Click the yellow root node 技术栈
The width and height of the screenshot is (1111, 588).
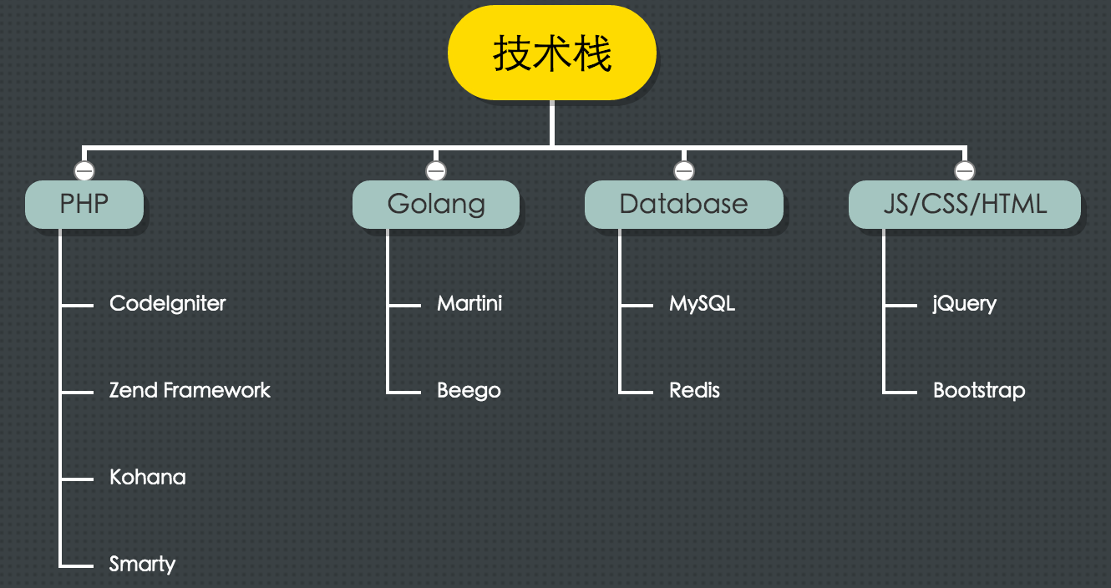(x=552, y=53)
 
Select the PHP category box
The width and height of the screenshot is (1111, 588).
(x=84, y=205)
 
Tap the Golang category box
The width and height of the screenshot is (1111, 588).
(x=436, y=205)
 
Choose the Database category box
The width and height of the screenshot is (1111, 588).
(x=683, y=205)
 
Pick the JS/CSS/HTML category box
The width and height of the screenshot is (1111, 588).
(x=965, y=205)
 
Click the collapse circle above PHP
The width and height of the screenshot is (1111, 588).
(x=84, y=171)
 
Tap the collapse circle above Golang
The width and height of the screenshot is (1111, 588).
(x=436, y=171)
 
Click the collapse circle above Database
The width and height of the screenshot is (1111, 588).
(x=684, y=171)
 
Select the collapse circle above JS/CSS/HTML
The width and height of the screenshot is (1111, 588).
(x=965, y=171)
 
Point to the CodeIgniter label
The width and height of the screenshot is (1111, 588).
(x=168, y=303)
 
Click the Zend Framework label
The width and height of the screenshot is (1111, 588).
(x=190, y=390)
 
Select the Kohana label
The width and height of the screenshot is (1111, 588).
(x=148, y=477)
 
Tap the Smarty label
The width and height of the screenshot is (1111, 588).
(x=142, y=564)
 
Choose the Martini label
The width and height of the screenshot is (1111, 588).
(x=469, y=303)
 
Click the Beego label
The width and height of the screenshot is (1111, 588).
(x=469, y=390)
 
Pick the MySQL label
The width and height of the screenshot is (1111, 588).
(x=702, y=303)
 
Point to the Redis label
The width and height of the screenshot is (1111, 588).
(x=694, y=390)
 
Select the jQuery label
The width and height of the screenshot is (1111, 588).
(x=965, y=303)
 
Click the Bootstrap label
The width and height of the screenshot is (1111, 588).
(x=979, y=390)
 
